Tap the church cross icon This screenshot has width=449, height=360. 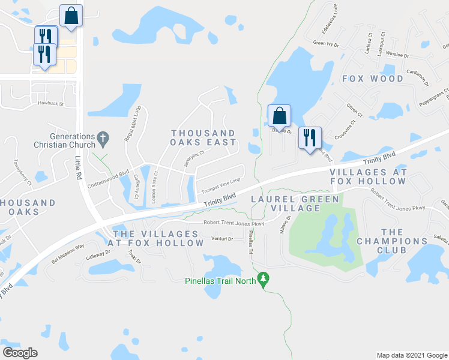coord(103,138)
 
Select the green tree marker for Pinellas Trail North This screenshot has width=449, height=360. coord(262,278)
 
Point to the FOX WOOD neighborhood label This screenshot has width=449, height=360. coord(373,79)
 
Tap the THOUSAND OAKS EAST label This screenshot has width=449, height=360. coord(203,137)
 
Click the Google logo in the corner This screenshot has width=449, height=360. coord(20,352)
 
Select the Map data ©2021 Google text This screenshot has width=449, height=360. coord(412,355)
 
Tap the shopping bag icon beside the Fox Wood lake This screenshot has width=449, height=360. coord(279,115)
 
